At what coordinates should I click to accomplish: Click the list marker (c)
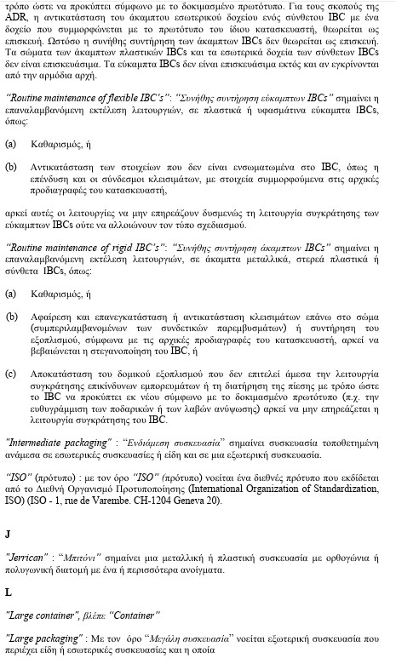coord(10,372)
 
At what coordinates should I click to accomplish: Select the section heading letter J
coord(8,535)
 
